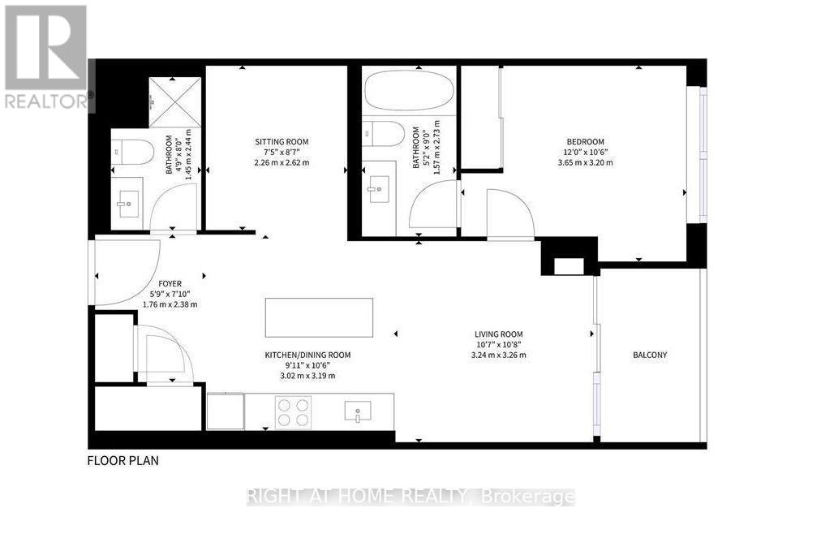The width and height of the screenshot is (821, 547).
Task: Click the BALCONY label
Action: (x=650, y=355)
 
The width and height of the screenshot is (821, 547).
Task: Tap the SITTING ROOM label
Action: (x=282, y=141)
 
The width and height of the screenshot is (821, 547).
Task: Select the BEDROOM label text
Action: (x=586, y=141)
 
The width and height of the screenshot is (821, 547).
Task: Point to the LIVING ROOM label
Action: (x=498, y=334)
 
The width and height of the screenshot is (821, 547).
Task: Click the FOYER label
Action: (x=170, y=283)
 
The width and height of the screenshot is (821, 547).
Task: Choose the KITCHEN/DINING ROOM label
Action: (x=308, y=355)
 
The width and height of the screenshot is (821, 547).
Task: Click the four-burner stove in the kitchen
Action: (x=293, y=413)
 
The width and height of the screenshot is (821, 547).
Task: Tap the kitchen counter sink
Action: (x=358, y=411)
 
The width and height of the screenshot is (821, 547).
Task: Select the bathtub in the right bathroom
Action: (x=409, y=91)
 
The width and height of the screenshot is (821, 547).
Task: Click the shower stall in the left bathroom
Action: (x=175, y=102)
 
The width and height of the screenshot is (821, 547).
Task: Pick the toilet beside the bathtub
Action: (x=384, y=134)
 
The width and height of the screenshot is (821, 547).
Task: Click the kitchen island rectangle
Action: (x=319, y=317)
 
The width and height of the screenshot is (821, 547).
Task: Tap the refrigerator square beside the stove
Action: (x=226, y=411)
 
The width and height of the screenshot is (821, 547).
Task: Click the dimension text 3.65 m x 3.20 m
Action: (x=586, y=162)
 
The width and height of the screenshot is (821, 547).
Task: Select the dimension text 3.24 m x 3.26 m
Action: (x=498, y=355)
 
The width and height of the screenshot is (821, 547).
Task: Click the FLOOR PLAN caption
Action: (x=123, y=460)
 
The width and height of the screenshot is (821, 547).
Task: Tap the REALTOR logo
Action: (x=46, y=57)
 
